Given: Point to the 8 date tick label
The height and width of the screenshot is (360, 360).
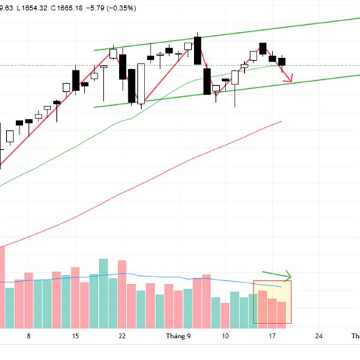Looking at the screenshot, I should (x=28, y=336).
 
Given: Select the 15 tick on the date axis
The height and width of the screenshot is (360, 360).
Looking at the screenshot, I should (x=75, y=336).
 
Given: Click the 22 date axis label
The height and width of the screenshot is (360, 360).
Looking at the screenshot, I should (x=122, y=336).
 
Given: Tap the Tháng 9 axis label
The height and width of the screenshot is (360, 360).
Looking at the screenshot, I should (x=178, y=336).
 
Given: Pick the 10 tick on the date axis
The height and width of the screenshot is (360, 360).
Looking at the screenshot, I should (x=225, y=336).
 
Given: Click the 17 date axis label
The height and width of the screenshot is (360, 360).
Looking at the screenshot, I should (x=272, y=336).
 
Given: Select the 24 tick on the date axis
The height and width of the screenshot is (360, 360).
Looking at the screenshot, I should (x=319, y=336).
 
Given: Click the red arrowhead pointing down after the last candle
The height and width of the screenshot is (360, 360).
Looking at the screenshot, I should (x=290, y=79).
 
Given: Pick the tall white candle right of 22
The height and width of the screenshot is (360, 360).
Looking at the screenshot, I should (x=141, y=84).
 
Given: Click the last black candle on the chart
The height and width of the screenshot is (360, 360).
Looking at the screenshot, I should (x=282, y=62).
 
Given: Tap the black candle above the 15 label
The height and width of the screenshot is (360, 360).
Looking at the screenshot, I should (x=76, y=80).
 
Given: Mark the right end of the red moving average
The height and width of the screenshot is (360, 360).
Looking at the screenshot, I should (x=280, y=122).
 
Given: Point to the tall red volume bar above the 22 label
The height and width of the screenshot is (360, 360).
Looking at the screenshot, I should (x=122, y=294).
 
